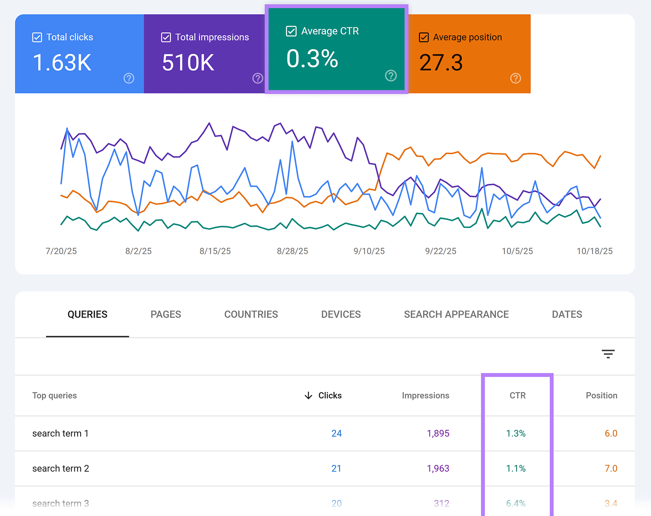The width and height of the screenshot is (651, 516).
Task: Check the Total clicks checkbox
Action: [x=37, y=37]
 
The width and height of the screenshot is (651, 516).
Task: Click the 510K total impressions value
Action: [x=188, y=63]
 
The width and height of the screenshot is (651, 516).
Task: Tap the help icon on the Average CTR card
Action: [x=391, y=76]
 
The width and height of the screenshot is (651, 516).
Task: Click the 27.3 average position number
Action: [x=441, y=63]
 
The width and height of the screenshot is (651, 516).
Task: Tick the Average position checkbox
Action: [x=424, y=37]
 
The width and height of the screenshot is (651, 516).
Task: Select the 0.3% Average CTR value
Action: [x=312, y=59]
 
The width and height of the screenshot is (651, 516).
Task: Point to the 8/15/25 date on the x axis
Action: [x=215, y=251]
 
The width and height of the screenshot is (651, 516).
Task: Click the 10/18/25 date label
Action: [x=594, y=251]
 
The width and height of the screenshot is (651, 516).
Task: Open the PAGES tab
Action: [x=166, y=314]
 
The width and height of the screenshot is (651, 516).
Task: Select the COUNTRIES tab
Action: [x=251, y=314]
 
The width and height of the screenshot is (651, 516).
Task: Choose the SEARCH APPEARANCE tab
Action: [x=456, y=314]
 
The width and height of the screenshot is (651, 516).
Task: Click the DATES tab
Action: [x=567, y=314]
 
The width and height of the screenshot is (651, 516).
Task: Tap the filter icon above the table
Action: [x=608, y=354]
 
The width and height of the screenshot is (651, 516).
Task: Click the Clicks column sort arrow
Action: [x=308, y=396]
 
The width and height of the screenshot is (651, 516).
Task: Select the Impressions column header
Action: [x=425, y=396]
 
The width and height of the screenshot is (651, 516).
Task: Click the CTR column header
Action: [x=518, y=396]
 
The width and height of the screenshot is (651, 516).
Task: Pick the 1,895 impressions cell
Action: [x=438, y=433]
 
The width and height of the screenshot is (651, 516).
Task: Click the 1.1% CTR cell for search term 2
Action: [x=516, y=468]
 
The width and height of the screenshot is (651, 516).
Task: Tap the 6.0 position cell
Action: [x=611, y=433]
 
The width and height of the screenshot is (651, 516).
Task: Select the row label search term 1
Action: [x=60, y=433]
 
